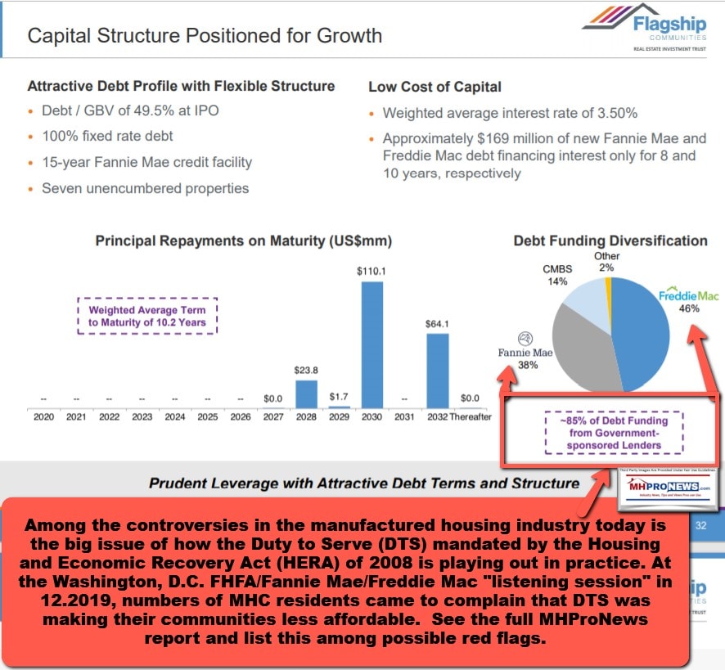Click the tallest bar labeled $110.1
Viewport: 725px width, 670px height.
click(x=372, y=344)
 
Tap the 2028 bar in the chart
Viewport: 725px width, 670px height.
click(x=306, y=393)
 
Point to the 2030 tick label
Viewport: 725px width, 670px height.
click(x=372, y=417)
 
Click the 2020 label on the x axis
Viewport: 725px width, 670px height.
click(x=43, y=417)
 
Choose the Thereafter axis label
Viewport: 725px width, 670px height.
click(x=471, y=417)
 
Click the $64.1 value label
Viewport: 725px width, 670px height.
click(x=438, y=324)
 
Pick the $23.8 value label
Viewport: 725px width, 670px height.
click(x=306, y=371)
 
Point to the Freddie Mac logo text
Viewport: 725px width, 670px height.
click(x=688, y=295)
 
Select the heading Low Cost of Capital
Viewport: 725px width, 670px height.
click(x=435, y=87)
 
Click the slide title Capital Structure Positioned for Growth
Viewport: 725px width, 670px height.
click(x=205, y=35)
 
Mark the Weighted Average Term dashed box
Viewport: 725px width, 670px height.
click(x=147, y=316)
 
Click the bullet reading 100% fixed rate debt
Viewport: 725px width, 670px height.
click(x=107, y=136)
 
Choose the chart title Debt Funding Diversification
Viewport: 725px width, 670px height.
click(x=610, y=241)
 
